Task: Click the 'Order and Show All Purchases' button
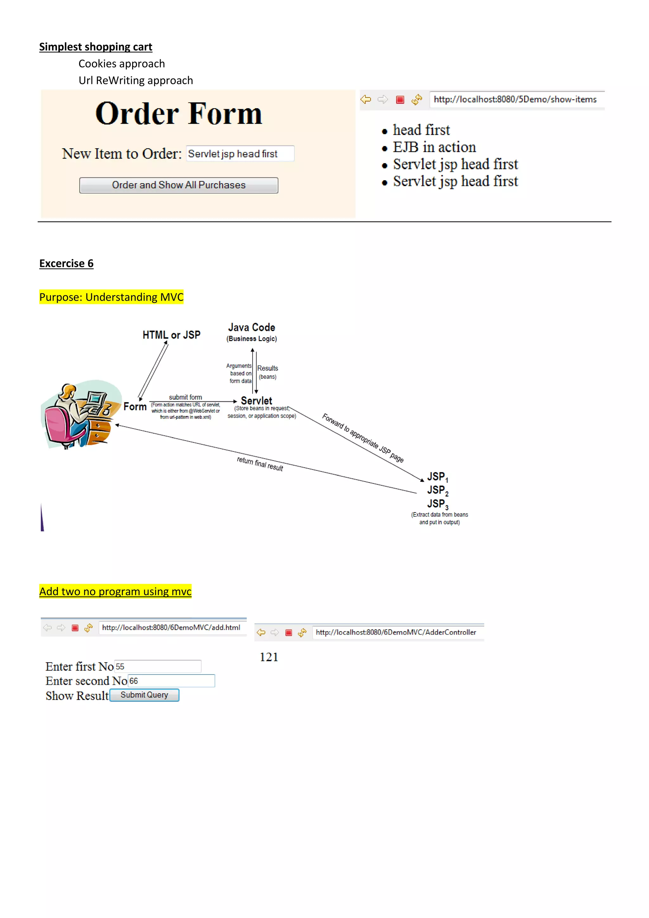[x=179, y=185]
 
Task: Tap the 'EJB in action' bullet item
[x=434, y=147]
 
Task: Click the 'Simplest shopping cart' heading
[x=95, y=47]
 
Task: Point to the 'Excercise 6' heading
[x=66, y=263]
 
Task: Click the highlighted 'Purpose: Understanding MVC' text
[x=111, y=297]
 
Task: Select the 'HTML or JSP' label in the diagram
[x=171, y=335]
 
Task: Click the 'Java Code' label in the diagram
[x=251, y=327]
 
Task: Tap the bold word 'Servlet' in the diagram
[x=256, y=401]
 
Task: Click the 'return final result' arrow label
[x=260, y=464]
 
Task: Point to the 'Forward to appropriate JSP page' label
[x=363, y=438]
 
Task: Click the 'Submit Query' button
[x=144, y=695]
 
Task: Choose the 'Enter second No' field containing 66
[x=171, y=681]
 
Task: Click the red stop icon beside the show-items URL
[x=400, y=100]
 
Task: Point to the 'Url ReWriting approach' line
[x=136, y=81]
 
